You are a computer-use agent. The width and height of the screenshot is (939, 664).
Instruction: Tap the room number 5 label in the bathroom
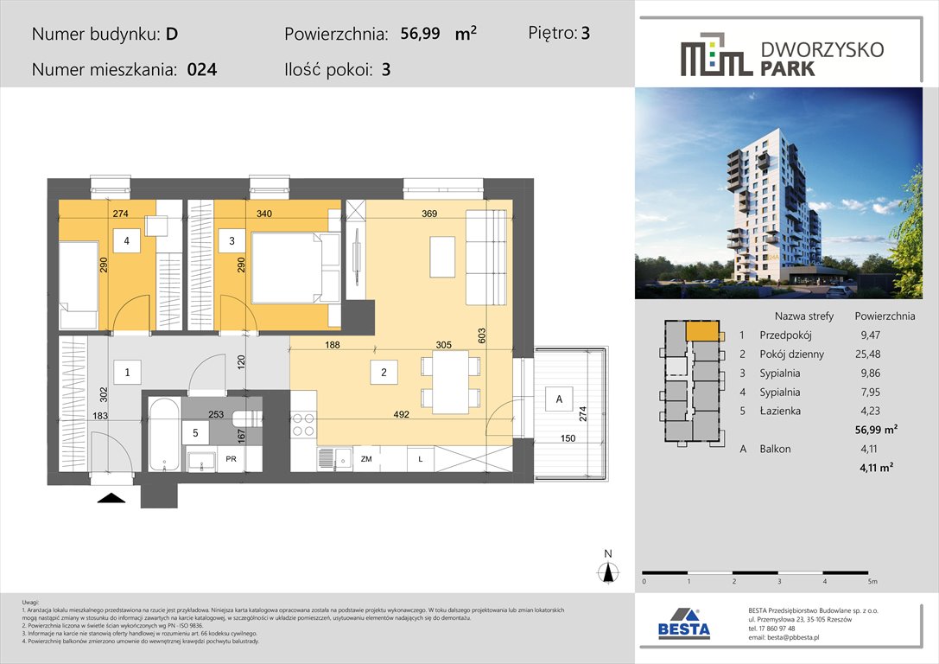click(x=195, y=432)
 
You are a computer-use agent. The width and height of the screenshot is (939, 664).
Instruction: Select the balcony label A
click(x=559, y=399)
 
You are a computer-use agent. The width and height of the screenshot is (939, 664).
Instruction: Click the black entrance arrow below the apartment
click(x=111, y=496)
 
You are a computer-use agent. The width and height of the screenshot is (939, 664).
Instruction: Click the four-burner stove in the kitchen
click(x=302, y=425)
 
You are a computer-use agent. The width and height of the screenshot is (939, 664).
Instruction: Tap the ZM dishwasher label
click(x=366, y=459)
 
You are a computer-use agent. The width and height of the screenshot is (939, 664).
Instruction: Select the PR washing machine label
click(x=231, y=459)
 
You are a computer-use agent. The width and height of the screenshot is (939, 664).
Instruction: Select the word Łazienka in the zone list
click(x=780, y=411)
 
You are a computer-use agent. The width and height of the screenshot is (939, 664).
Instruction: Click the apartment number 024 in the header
click(x=201, y=71)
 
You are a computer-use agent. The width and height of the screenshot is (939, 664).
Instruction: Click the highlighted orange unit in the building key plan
click(x=702, y=331)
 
